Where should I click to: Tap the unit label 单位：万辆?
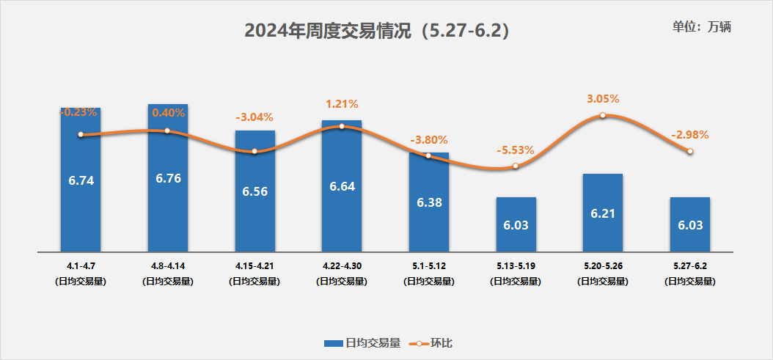[x=702, y=26]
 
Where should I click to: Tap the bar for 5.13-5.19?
[x=516, y=224]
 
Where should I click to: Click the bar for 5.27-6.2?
[x=689, y=224]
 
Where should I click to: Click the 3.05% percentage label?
[x=603, y=98]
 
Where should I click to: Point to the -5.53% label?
[x=516, y=150]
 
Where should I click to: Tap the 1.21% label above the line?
[x=342, y=104]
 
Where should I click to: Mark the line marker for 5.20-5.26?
[x=603, y=115]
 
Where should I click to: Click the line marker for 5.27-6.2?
[x=689, y=151]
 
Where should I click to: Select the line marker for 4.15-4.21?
[x=254, y=151]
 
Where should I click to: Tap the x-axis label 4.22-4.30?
[x=342, y=266]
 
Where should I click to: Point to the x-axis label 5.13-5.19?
[x=516, y=266]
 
